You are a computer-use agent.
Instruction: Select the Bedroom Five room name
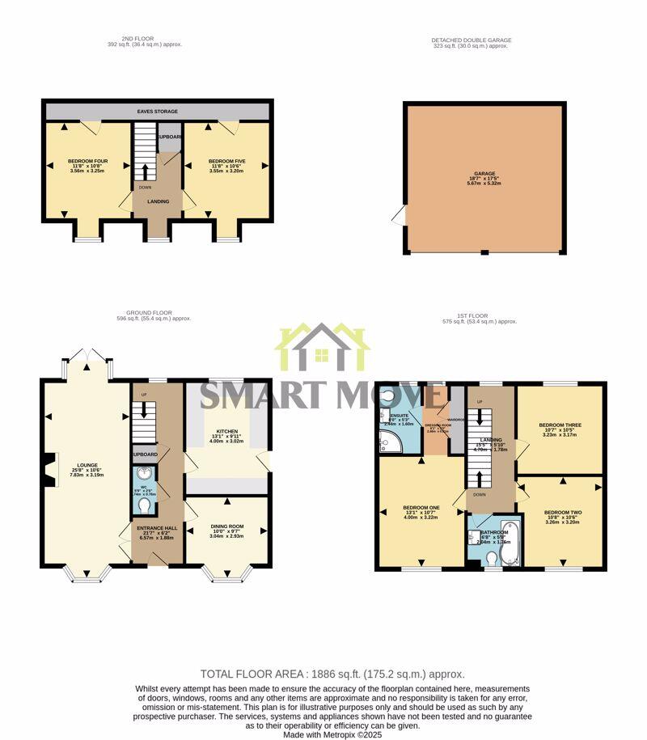(x=226, y=162)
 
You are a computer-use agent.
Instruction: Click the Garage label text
(x=484, y=175)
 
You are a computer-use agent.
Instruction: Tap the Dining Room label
(x=226, y=527)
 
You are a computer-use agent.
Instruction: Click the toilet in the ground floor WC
(x=145, y=505)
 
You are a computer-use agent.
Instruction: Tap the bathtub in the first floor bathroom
(x=508, y=543)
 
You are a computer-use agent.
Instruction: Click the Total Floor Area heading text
(x=332, y=674)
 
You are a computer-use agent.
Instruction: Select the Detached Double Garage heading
(x=471, y=40)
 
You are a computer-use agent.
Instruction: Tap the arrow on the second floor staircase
(x=146, y=171)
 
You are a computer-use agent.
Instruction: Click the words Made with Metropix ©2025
(x=332, y=734)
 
